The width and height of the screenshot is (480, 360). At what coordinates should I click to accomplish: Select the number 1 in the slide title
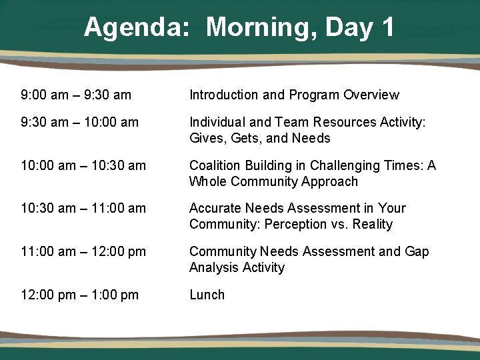point(387,28)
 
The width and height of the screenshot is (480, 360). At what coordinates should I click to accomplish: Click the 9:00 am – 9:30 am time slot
point(76,95)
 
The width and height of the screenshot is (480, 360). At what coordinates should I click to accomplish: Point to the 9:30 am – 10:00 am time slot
point(80,122)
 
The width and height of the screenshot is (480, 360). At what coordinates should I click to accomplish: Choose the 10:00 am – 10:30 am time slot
point(83,165)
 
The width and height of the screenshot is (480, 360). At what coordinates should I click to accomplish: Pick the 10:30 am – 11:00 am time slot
point(83,209)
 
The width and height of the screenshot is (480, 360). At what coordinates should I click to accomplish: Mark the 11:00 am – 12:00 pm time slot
point(83,252)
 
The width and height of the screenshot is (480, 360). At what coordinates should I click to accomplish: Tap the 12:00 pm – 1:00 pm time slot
point(80,295)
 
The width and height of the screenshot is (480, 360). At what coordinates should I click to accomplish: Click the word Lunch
point(207,295)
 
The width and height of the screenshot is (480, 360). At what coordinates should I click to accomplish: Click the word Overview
point(371,95)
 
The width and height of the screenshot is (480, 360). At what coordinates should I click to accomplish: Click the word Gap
point(417,252)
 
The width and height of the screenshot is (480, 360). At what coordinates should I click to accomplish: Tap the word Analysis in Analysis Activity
point(214,268)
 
